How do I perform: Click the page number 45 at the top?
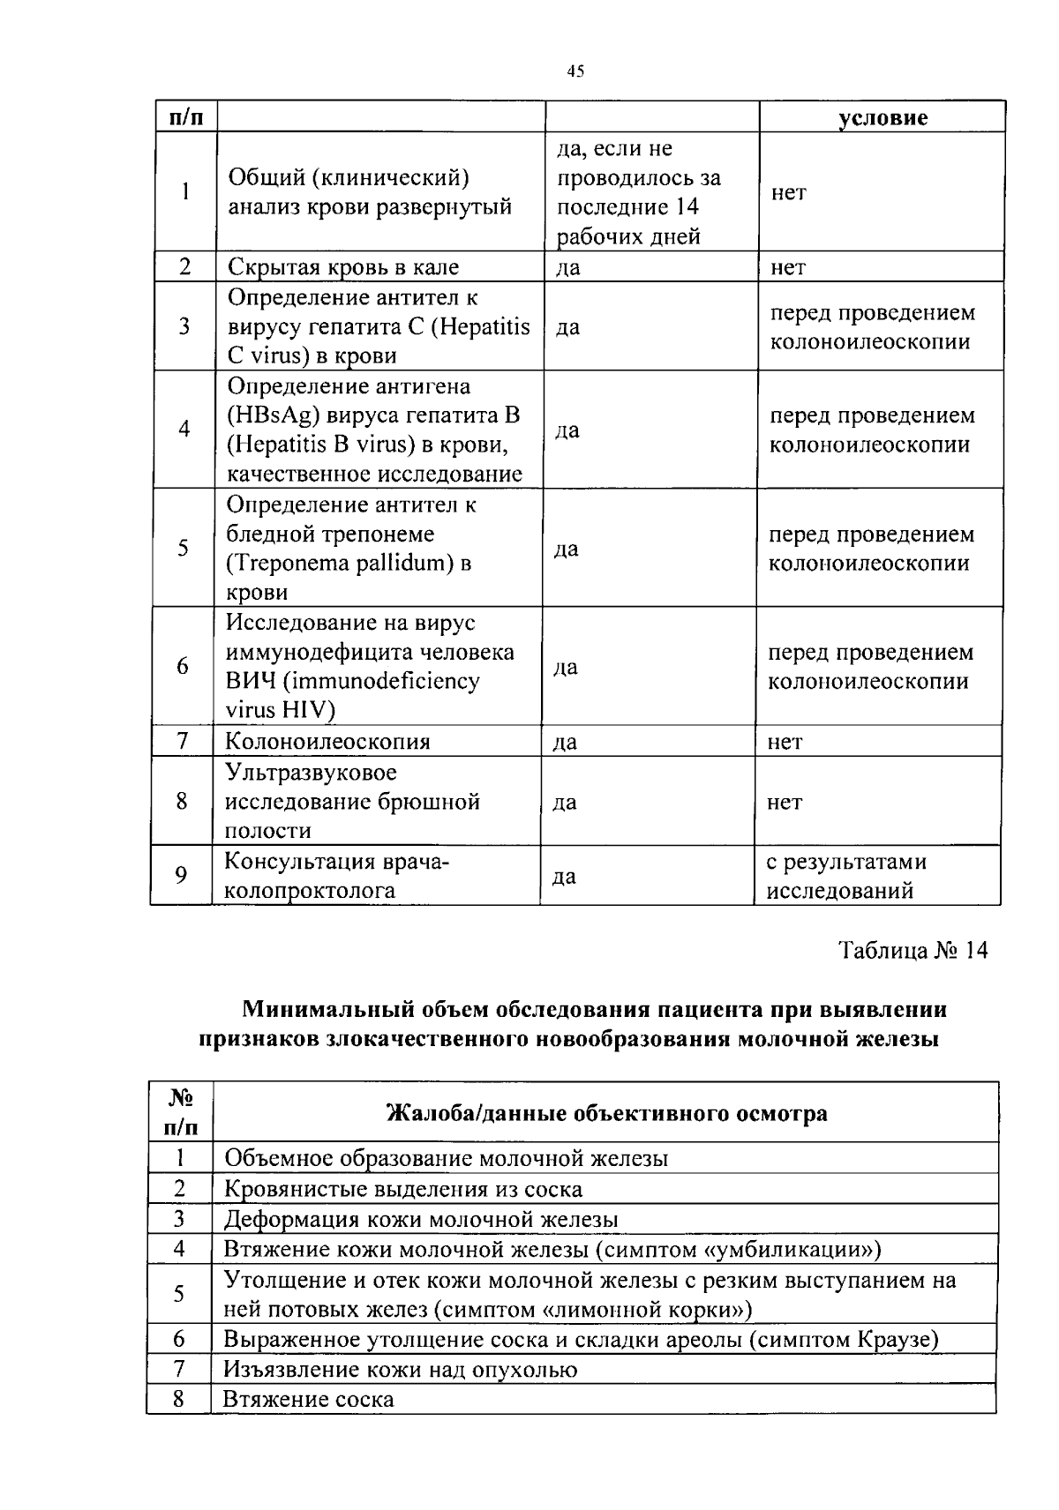pyautogui.click(x=575, y=71)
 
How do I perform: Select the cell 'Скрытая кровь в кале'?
pyautogui.click(x=343, y=266)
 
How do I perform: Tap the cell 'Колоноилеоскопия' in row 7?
pyautogui.click(x=327, y=741)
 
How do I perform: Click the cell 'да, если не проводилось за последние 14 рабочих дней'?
pyautogui.click(x=638, y=192)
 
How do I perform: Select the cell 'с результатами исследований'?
pyautogui.click(x=845, y=876)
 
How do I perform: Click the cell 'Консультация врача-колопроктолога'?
pyautogui.click(x=336, y=876)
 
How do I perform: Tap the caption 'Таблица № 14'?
pyautogui.click(x=913, y=950)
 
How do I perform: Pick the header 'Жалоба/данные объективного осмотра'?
pyautogui.click(x=607, y=1113)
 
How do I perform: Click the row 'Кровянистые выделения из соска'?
pyautogui.click(x=403, y=1189)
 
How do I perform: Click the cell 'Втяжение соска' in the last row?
pyautogui.click(x=309, y=1400)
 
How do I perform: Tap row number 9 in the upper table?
pyautogui.click(x=181, y=875)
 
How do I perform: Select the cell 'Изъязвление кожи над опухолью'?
pyautogui.click(x=400, y=1370)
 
